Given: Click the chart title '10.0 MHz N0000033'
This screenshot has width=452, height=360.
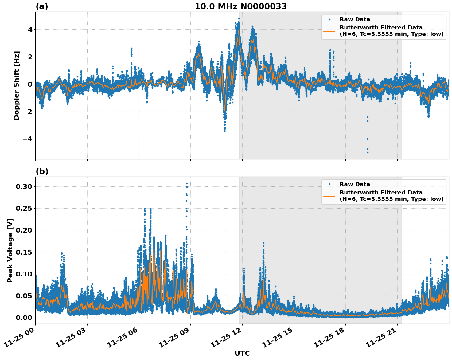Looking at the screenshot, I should pos(241,6).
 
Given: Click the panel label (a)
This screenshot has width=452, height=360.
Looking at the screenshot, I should pos(42,6).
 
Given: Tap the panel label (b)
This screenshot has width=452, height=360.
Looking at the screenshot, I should pos(42,171).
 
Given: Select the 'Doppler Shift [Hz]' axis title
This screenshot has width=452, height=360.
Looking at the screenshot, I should pos(17,85).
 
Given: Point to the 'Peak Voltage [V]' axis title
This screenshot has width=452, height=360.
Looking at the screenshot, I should pos(10,250).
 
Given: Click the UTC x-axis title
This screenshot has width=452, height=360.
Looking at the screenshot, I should pos(242,353).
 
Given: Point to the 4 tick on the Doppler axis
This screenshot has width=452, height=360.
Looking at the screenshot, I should pos(30,29).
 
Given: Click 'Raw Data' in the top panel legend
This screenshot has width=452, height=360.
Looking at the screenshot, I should pos(355,19).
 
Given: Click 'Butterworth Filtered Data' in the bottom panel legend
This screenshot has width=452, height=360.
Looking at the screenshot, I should pos(381,193).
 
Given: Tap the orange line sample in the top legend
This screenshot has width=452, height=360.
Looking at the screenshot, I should pos(329,31).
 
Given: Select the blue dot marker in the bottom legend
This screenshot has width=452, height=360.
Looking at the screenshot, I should pos(329,184).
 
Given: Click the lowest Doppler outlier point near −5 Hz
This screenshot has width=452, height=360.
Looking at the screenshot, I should pos(368,152).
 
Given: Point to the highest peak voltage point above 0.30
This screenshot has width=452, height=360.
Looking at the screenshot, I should pos(186,184).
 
